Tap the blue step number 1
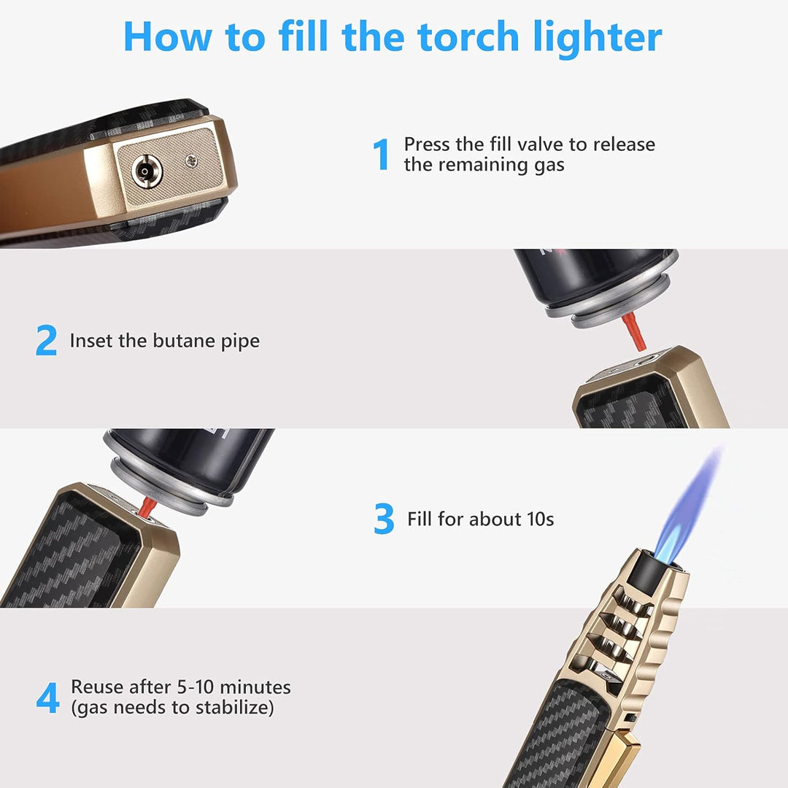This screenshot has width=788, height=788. [x=381, y=155]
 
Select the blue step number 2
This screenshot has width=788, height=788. [x=46, y=341]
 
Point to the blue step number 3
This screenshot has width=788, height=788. [x=384, y=519]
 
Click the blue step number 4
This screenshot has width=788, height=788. [x=47, y=698]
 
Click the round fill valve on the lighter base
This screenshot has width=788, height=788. [x=147, y=172]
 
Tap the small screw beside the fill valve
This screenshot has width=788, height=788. [x=191, y=158]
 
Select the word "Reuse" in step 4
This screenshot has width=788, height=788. [x=96, y=687]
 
